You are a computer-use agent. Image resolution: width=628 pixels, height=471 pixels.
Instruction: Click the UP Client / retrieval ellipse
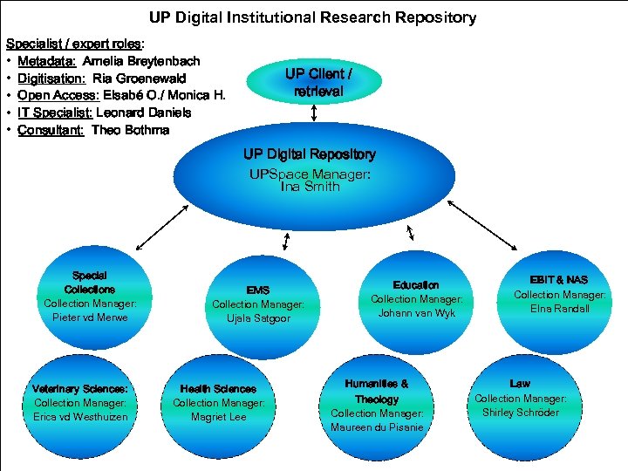[313, 81]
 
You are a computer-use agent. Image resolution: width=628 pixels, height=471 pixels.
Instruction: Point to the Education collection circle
[416, 298]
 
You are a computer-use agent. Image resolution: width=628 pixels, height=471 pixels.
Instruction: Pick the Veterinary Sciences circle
[80, 402]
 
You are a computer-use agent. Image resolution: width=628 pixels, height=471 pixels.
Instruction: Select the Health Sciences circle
[218, 402]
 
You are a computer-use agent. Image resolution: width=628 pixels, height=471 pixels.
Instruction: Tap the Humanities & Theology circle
[377, 405]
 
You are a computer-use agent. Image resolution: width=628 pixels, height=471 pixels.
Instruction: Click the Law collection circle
[520, 398]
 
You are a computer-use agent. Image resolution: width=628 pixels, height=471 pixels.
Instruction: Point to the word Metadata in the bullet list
[46, 61]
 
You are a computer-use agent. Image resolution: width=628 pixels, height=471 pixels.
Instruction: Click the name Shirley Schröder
[521, 413]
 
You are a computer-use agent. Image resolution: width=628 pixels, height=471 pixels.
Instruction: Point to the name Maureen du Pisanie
[377, 427]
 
